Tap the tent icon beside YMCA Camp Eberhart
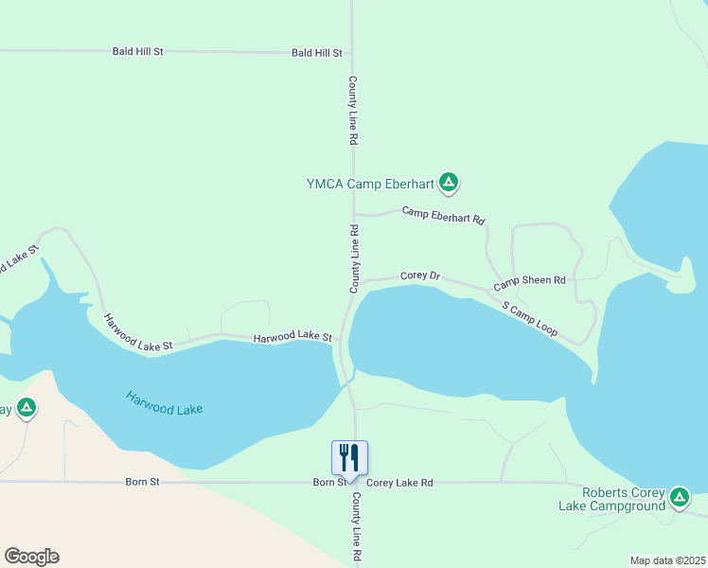coord(449,182)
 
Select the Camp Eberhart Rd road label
coord(443,215)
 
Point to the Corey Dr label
coord(420,276)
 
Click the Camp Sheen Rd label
coord(529,282)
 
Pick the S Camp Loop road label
coord(530,322)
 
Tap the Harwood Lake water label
coord(165,402)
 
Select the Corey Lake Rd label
coord(399,483)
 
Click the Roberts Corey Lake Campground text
coord(624,499)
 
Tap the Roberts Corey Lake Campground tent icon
coord(679,497)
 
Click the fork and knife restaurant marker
coord(349,459)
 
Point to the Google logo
coord(31,557)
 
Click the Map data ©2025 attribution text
coord(667,560)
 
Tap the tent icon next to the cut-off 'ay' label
coord(27,408)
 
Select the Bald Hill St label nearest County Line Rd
coord(317,54)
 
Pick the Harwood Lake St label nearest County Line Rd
coord(292,338)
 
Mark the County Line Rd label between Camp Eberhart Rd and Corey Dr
coord(353,257)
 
